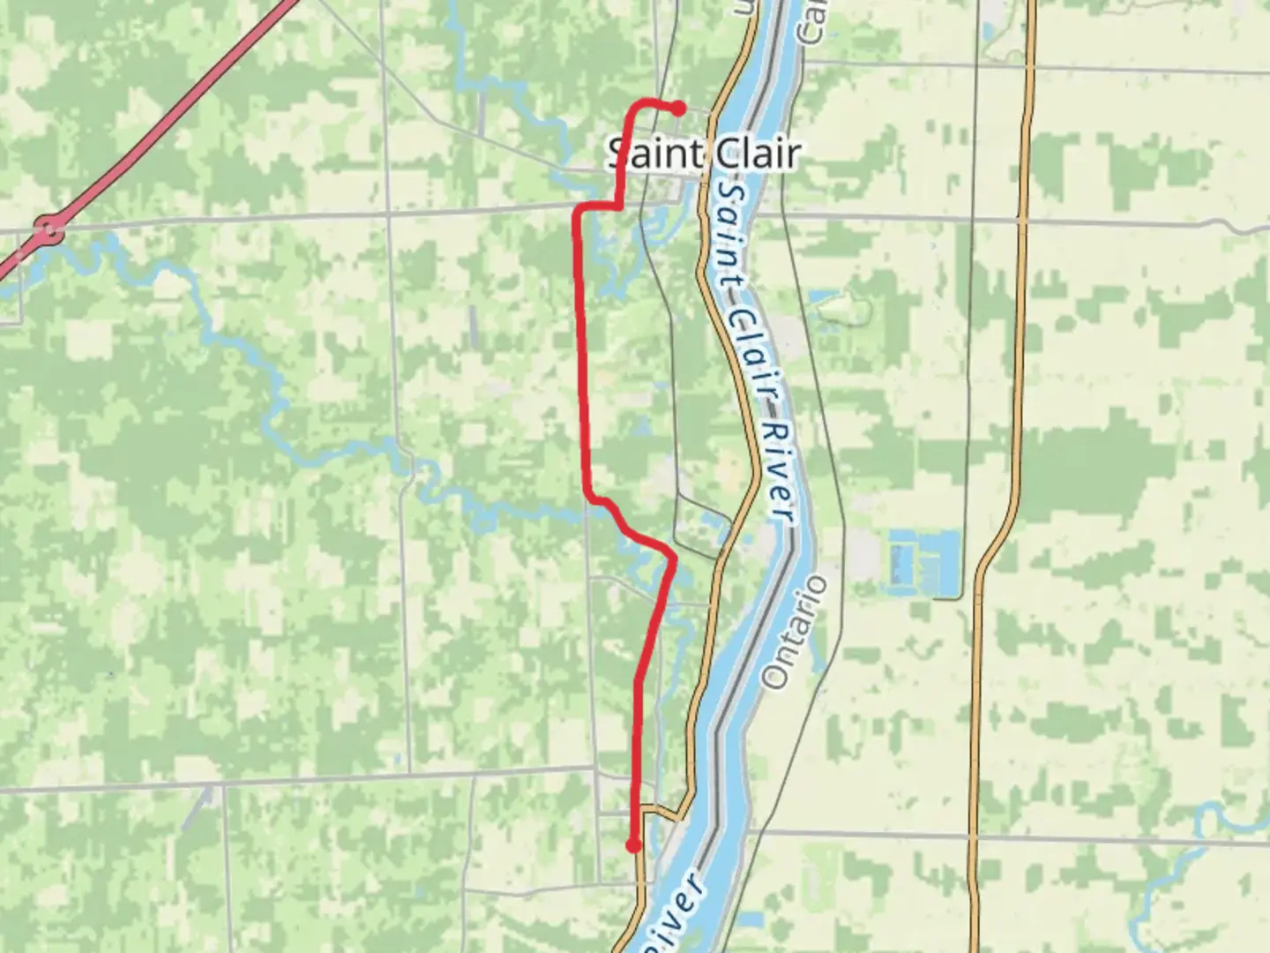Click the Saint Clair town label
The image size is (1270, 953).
tap(704, 154)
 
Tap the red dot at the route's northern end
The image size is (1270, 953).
tap(679, 109)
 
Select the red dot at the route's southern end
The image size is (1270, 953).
tap(632, 846)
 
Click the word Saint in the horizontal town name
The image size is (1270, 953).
tap(653, 154)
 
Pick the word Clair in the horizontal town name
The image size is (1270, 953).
tap(755, 154)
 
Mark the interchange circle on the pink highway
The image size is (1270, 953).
tap(50, 232)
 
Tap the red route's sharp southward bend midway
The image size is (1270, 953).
tap(673, 557)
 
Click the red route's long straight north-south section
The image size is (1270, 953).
tap(582, 353)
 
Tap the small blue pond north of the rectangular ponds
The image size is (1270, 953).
tap(829, 301)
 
